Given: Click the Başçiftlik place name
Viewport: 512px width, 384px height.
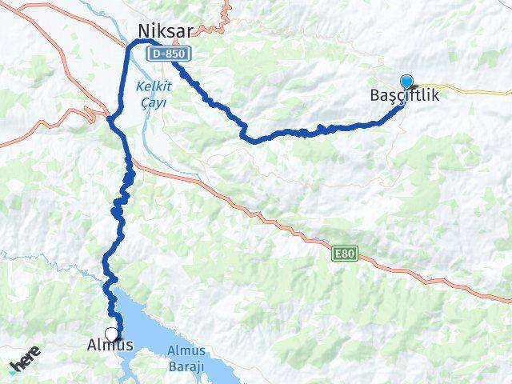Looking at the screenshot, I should (405, 95).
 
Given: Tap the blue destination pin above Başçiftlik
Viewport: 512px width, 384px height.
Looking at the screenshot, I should (406, 82).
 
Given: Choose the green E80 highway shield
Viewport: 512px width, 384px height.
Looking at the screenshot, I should (344, 254).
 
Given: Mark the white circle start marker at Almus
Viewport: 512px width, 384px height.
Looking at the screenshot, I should (111, 334).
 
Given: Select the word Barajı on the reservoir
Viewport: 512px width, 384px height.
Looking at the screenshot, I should (187, 366).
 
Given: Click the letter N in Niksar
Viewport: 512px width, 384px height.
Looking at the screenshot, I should (143, 30).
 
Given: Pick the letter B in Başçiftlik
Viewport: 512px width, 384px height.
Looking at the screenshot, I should (376, 95).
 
